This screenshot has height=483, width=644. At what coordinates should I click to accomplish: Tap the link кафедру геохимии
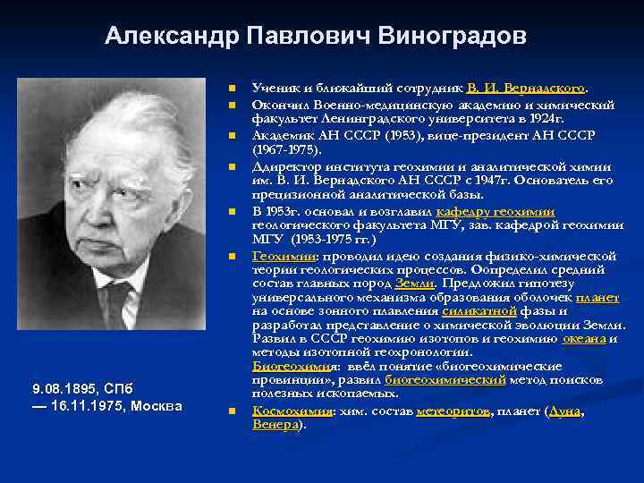496,212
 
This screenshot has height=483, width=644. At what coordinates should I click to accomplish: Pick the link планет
597,298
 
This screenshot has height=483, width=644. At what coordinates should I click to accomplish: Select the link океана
584,339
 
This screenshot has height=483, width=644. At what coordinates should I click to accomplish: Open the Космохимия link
291,411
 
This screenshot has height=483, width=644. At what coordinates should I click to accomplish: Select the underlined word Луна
565,411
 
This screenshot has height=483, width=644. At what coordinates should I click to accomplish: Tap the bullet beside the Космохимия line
230,411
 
